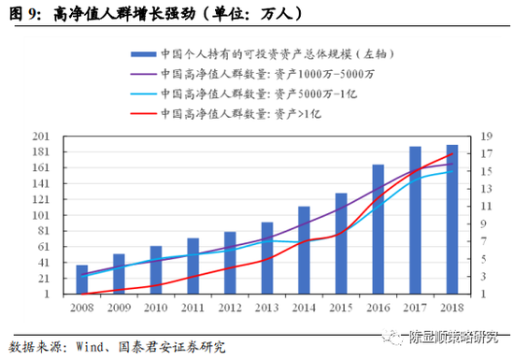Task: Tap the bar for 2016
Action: (x=378, y=229)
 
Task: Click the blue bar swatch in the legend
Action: (x=144, y=53)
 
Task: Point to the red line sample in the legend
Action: (x=144, y=113)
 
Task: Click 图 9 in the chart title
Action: (x=21, y=12)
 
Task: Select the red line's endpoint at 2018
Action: (x=451, y=153)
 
